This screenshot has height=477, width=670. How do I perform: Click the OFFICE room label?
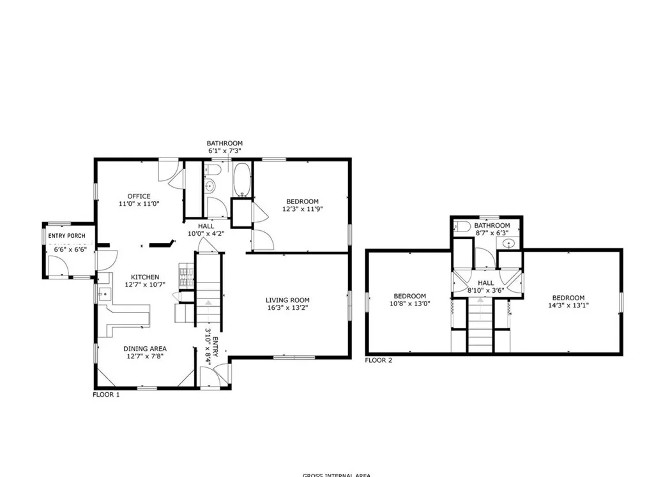tap(139, 196)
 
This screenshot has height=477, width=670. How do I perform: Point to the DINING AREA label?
tap(145, 349)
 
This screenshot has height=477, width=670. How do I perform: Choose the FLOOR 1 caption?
tap(106, 395)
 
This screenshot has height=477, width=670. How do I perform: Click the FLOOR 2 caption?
tap(378, 360)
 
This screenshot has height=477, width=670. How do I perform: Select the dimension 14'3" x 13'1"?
tap(568, 305)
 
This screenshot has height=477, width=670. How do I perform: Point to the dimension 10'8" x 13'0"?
tap(409, 304)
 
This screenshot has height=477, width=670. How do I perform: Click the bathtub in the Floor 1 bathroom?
tap(242, 180)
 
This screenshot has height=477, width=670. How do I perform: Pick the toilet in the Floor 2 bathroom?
tap(463, 226)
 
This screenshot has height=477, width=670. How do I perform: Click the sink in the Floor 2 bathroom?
tap(510, 244)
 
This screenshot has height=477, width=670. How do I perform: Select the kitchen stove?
tap(186, 275)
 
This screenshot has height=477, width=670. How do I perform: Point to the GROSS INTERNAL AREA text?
tap(336, 474)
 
